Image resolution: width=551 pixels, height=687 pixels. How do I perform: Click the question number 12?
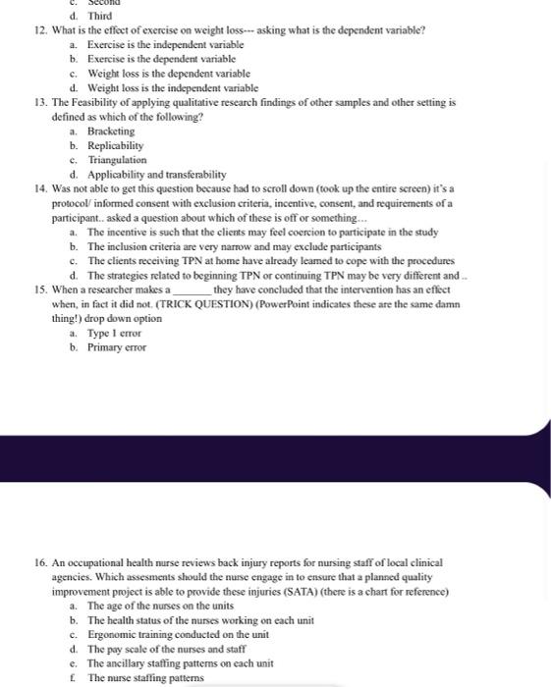pos(39,30)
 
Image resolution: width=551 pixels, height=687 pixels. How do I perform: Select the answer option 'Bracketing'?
pos(111,131)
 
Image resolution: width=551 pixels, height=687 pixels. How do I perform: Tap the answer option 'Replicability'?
pos(115,145)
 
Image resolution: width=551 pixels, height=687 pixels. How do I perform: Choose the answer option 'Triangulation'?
pos(117,159)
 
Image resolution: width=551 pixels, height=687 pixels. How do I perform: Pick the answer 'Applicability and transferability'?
pos(156,174)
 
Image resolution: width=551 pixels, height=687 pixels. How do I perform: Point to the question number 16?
pos(39,562)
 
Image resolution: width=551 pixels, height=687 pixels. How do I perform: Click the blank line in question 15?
pos(192,291)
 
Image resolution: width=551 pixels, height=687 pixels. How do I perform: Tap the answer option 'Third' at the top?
pos(99,16)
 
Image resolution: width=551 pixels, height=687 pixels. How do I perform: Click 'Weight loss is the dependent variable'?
pos(168,74)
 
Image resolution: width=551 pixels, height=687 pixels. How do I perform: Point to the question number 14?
pos(39,188)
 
